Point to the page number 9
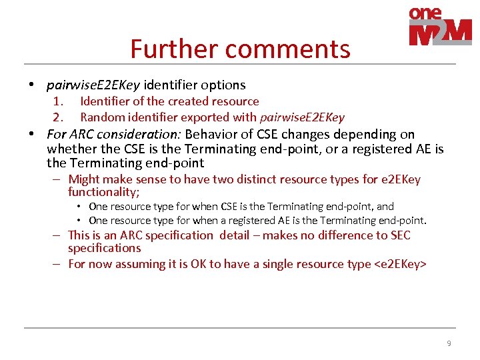449,343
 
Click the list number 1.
58,101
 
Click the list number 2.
58,117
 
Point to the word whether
71,149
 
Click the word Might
84,179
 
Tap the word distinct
257,179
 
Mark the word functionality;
103,192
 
